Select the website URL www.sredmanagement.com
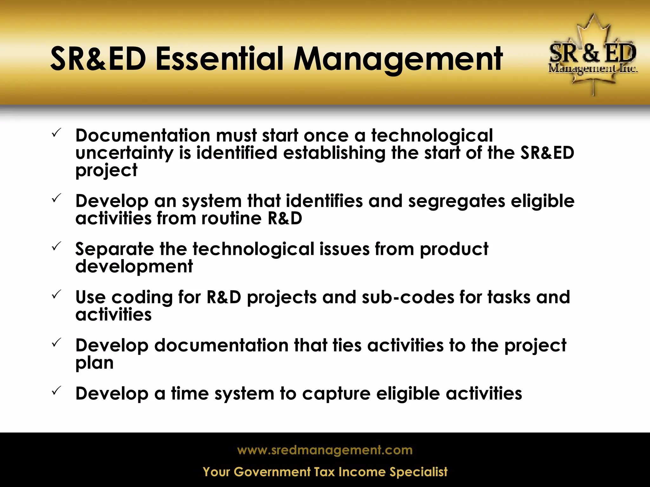pos(325,450)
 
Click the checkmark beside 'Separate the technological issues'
pos(56,246)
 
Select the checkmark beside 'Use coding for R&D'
pos(56,295)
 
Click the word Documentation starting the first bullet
pos(143,136)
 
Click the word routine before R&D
pos(231,218)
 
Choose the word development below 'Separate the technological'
pos(134,266)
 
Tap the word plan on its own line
pos(94,363)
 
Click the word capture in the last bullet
pos(336,394)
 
